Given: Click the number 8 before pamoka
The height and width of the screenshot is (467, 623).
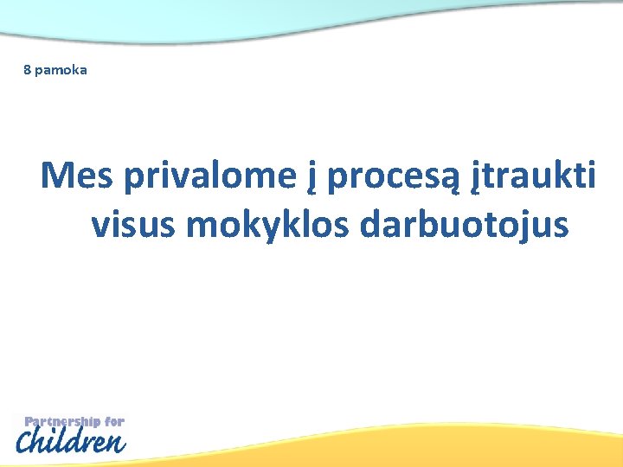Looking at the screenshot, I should point(27,69).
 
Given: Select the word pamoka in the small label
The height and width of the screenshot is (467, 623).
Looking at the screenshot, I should point(61,70).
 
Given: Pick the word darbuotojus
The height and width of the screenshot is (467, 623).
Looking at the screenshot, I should point(465,225).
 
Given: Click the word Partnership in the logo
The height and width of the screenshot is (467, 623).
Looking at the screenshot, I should point(62,422).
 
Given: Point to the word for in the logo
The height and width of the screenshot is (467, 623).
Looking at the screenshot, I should point(115,422).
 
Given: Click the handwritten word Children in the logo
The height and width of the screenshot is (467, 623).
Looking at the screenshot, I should point(72,443).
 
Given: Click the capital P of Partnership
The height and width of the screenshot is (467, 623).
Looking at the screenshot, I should point(29,422).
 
